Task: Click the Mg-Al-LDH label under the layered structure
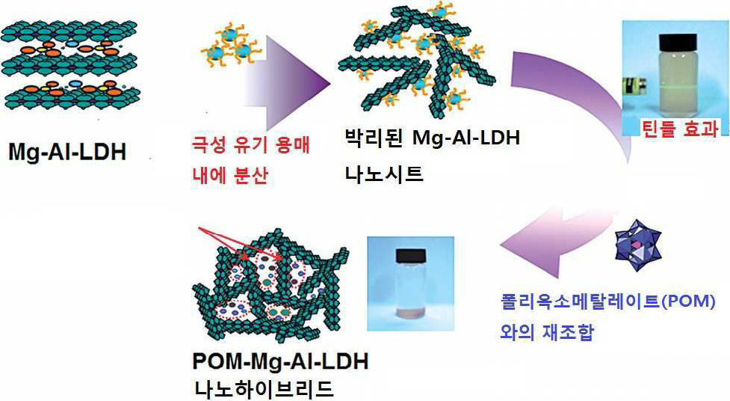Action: (67, 152)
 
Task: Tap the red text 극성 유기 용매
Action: (250, 145)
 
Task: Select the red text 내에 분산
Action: (230, 176)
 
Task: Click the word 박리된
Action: (374, 138)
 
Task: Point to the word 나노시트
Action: (383, 174)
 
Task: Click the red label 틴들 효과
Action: (680, 128)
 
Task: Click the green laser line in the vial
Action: (678, 86)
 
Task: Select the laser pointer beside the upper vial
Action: (634, 88)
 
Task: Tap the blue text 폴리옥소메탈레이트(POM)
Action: (607, 301)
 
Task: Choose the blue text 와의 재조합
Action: (547, 331)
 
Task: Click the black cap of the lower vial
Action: (411, 257)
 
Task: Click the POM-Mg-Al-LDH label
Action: (281, 361)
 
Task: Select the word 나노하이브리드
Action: (264, 388)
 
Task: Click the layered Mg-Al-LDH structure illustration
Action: (69, 64)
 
